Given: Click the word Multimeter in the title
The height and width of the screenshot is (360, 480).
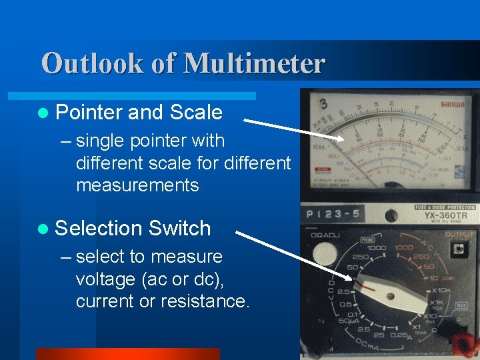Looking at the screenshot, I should [x=254, y=64].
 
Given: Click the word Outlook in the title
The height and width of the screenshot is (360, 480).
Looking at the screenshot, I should [x=92, y=64].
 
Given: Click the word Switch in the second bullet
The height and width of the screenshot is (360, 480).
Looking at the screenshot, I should [x=179, y=229].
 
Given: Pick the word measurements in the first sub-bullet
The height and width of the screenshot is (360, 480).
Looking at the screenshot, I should [x=137, y=185].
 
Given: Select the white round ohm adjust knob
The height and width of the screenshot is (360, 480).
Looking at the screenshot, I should [x=325, y=253].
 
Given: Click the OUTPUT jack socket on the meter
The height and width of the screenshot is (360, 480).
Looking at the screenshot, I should [x=458, y=249].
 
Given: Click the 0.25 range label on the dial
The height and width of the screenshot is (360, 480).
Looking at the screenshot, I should [x=399, y=335].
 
